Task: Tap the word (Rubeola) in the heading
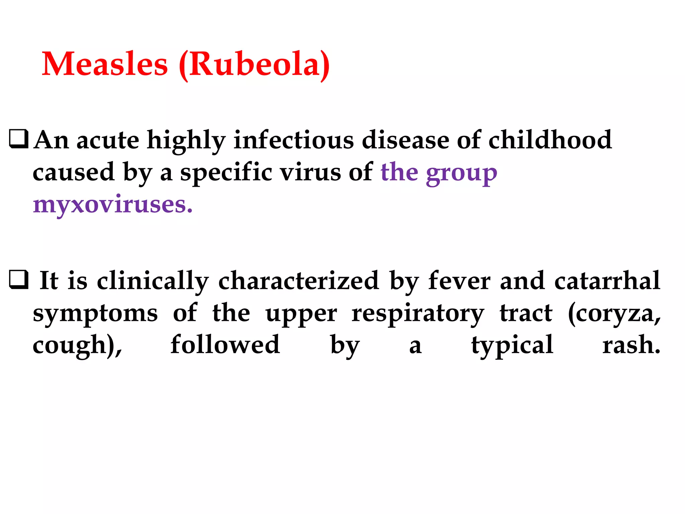point(254,65)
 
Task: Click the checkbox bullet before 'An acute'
point(19,139)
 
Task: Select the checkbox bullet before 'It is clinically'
point(19,280)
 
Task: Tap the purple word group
point(462,173)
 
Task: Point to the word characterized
point(298,281)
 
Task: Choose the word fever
point(459,281)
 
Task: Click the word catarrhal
point(607,281)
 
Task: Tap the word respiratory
point(417,314)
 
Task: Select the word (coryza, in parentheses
point(614,314)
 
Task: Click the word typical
point(512,345)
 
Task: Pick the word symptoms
point(95,314)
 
